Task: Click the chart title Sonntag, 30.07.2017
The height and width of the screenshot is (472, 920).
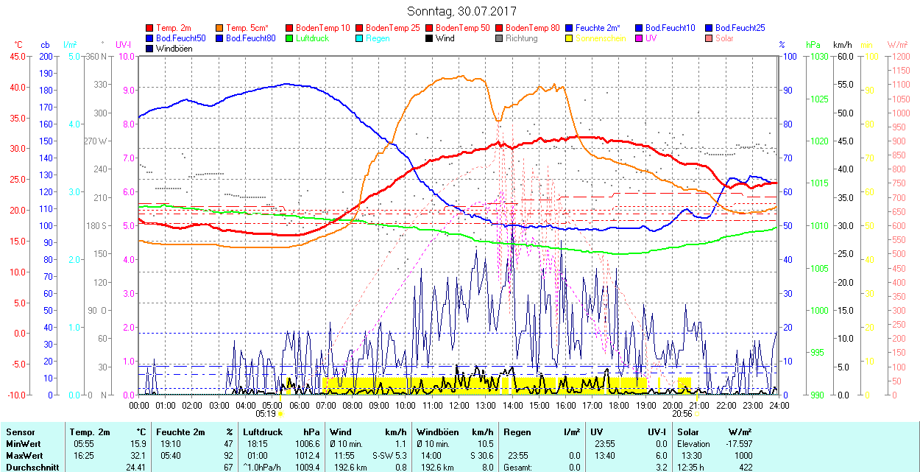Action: coord(461,12)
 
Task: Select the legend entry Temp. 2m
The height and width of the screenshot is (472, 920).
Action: coord(174,28)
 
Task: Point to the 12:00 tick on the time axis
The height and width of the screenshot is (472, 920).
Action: coord(459,406)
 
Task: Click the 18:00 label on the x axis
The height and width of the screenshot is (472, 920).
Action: coord(619,406)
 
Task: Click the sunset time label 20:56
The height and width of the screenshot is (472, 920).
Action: coord(682,414)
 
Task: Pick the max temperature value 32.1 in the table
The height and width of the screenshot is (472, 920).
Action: coord(137,456)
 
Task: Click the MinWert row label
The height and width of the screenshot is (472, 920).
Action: coord(23,444)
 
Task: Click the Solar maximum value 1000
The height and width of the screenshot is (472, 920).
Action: coord(743,456)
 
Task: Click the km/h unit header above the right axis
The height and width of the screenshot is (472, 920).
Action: coord(843,45)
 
